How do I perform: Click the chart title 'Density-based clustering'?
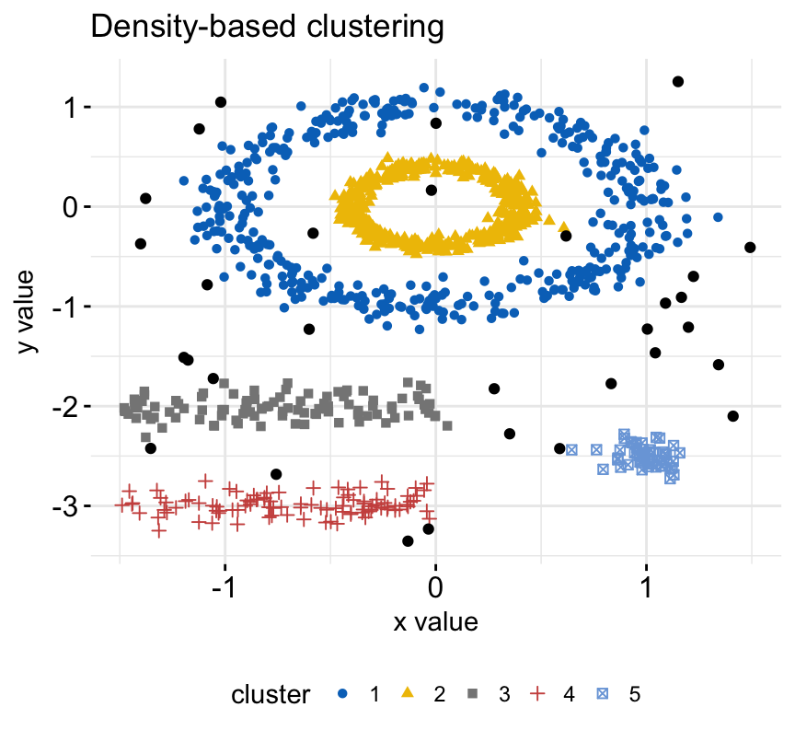point(267,28)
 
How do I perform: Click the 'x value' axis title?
point(435,622)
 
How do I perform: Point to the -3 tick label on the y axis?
point(70,506)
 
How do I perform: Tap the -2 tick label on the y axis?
point(70,406)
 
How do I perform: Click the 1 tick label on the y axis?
point(75,107)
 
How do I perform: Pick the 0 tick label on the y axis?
point(75,207)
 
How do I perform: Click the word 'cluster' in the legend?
point(270,694)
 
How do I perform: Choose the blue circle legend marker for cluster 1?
point(343,694)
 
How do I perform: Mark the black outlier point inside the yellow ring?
point(432,191)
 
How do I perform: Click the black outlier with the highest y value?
point(678,82)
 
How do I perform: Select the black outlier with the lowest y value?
point(408,541)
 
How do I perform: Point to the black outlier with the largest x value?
point(750,248)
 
